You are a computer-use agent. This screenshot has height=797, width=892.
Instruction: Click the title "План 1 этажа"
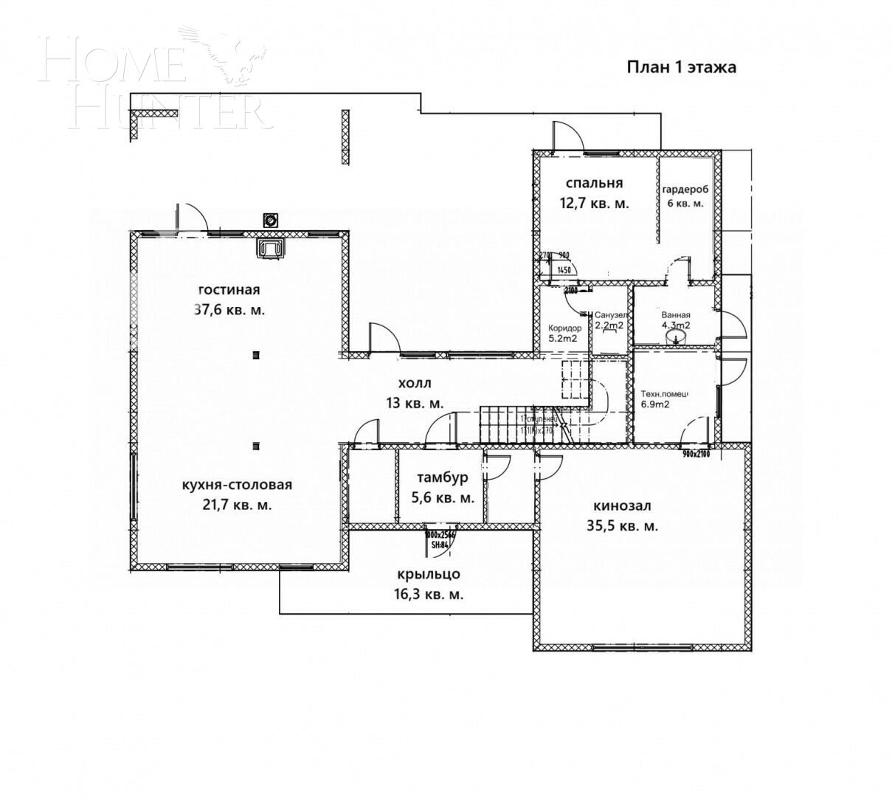pyautogui.click(x=682, y=68)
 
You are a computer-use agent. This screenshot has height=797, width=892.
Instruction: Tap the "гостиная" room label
pyautogui.click(x=229, y=289)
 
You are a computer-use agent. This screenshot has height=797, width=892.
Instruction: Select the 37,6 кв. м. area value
pyautogui.click(x=229, y=310)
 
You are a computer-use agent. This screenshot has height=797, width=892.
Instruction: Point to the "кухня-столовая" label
pyautogui.click(x=237, y=485)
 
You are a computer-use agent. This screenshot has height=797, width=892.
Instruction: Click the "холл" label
pyautogui.click(x=414, y=384)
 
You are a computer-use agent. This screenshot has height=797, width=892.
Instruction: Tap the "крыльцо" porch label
pyautogui.click(x=428, y=573)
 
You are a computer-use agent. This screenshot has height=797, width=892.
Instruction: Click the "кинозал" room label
pyautogui.click(x=621, y=506)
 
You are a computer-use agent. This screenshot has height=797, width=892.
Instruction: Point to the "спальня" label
pyautogui.click(x=595, y=183)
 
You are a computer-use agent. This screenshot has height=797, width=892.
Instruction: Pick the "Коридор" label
pyautogui.click(x=564, y=328)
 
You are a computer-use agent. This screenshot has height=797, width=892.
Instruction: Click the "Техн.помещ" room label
pyautogui.click(x=664, y=393)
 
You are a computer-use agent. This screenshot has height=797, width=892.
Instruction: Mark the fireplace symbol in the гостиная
pyautogui.click(x=271, y=249)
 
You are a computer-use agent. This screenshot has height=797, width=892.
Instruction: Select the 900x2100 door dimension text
pyautogui.click(x=695, y=454)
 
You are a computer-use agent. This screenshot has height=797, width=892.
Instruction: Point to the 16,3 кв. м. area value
pyautogui.click(x=428, y=594)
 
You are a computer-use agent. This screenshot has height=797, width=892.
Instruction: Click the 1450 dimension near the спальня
pyautogui.click(x=564, y=271)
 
